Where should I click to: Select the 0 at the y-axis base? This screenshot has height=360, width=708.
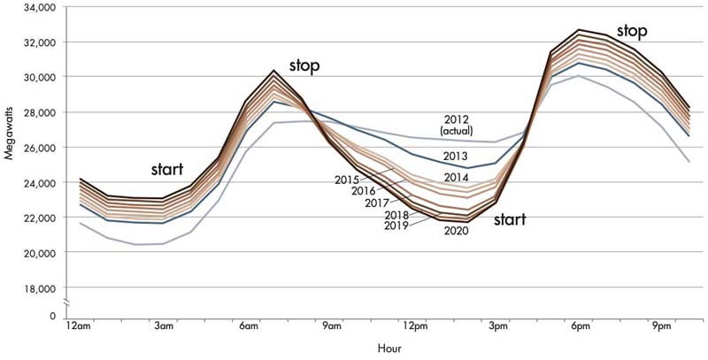(52, 316)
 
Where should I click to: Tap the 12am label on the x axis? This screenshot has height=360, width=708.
(78, 327)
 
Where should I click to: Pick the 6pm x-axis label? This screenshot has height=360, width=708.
(580, 327)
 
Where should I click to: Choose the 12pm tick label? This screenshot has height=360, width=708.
(413, 327)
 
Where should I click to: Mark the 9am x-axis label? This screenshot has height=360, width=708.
(330, 327)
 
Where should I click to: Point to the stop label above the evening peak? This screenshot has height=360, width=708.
(632, 31)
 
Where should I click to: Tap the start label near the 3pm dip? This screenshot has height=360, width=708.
(511, 218)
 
